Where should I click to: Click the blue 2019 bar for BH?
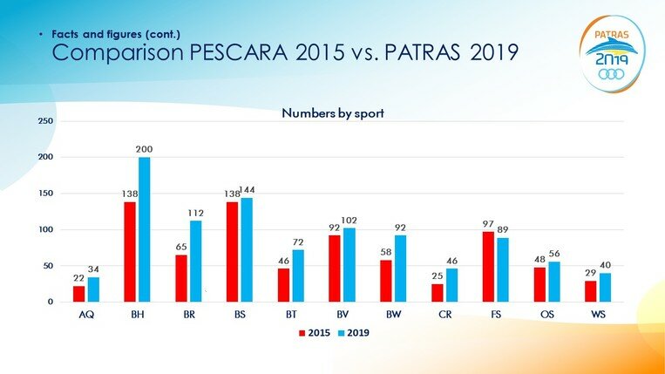point(145,229)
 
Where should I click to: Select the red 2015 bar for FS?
point(488,266)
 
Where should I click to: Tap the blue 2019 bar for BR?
point(196,262)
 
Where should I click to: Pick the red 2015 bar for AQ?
point(78,294)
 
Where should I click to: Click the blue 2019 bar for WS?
point(606,288)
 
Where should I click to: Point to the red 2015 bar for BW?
point(385,281)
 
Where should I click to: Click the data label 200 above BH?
point(145,150)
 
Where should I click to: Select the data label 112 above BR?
point(196,214)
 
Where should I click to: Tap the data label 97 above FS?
point(488,224)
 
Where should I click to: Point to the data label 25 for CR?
point(437,276)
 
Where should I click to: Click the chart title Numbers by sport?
point(332,112)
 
